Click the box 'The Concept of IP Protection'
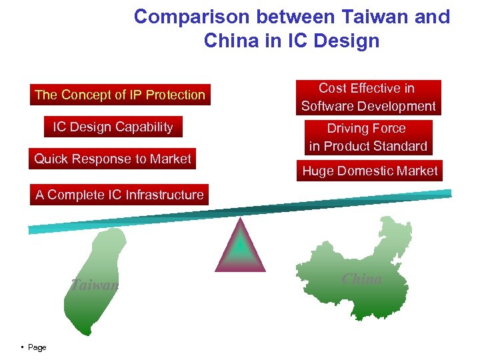120,95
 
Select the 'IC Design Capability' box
113,127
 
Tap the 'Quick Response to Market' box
113,159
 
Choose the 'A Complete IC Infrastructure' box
119,195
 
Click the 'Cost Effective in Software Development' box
368,97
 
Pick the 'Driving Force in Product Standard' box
368,137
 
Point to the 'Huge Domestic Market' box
370,171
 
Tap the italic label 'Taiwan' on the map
95,285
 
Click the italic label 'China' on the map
361,279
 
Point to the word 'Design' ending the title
347,41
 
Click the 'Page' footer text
37,347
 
